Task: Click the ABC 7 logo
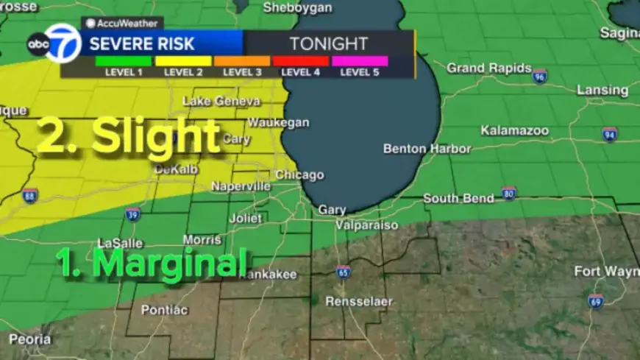54,43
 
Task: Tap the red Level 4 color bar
301,61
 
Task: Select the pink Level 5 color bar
360,61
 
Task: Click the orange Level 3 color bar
242,61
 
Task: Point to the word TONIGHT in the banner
328,43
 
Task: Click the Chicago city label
299,175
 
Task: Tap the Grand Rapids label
489,68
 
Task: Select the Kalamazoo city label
515,130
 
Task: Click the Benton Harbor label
427,149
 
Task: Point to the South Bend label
459,199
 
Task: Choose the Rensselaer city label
360,302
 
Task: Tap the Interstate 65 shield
343,271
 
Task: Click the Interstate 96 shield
540,76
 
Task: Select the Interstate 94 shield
609,134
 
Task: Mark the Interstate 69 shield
596,300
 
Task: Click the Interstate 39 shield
132,214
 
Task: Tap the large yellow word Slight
156,136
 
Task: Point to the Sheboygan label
297,7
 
